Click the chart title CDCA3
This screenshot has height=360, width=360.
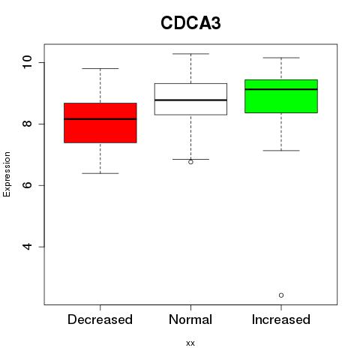click(x=190, y=23)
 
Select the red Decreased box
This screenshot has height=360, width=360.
click(x=100, y=123)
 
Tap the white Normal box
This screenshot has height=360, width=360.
click(x=190, y=99)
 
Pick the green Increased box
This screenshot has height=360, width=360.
click(x=281, y=96)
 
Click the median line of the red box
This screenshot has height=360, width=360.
click(x=100, y=119)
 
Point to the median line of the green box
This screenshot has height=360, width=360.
click(x=281, y=89)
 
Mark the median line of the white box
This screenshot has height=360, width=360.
click(x=190, y=100)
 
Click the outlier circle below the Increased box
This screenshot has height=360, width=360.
click(x=281, y=295)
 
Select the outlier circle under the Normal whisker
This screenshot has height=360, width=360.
click(x=190, y=162)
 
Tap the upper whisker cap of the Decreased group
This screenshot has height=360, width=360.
click(x=100, y=68)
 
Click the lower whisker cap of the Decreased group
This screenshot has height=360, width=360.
click(x=100, y=173)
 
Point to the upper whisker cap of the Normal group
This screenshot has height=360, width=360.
click(x=190, y=54)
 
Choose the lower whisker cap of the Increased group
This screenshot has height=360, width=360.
click(x=281, y=151)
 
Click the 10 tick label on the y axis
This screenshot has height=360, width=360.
click(x=27, y=62)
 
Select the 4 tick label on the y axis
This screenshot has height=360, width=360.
click(x=27, y=247)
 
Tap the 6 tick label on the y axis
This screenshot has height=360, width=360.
click(x=27, y=185)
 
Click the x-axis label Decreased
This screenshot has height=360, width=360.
click(x=100, y=319)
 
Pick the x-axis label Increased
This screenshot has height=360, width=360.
click(x=281, y=319)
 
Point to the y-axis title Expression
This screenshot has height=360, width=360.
click(x=7, y=174)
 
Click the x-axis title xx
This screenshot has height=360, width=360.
click(x=190, y=343)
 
